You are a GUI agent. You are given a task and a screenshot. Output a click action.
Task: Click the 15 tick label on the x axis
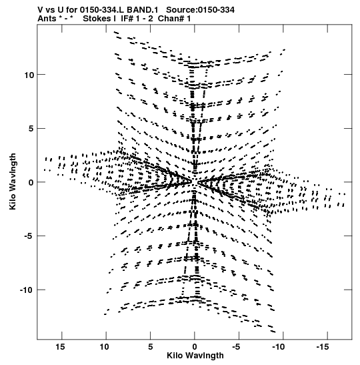60,347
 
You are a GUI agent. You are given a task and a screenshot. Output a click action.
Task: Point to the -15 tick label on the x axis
323,347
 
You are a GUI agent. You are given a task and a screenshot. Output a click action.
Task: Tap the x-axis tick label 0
195,347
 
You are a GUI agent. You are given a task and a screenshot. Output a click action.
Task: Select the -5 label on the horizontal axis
236,347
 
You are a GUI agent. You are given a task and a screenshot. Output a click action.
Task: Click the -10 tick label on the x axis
279,347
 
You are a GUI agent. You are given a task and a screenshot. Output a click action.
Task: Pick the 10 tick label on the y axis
29,75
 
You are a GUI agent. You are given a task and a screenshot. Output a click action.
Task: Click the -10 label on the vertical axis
27,290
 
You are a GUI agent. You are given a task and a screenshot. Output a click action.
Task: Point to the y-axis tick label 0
31,182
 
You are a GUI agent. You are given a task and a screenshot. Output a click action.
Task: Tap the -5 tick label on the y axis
29,236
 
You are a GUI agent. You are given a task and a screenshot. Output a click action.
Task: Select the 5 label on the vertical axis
31,129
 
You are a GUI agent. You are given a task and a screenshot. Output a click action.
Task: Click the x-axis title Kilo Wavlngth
195,356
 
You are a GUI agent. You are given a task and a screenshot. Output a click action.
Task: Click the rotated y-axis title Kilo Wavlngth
13,181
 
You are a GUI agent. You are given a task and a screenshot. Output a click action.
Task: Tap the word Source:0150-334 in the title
200,10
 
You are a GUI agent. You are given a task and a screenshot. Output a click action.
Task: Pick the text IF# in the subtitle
127,19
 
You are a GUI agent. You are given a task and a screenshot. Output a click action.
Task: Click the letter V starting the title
40,10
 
